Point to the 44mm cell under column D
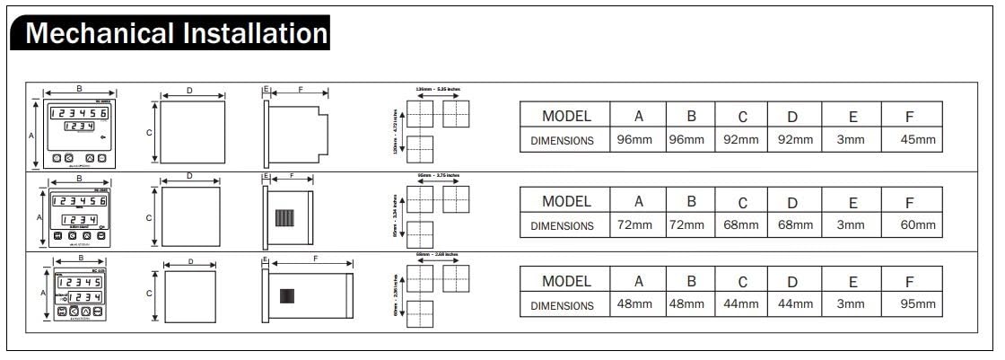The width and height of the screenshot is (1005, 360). pos(793,304)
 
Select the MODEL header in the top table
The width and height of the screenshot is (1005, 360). pos(566,116)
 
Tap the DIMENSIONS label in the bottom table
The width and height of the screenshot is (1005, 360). pos(563,305)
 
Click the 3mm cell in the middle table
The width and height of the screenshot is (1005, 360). pos(851,225)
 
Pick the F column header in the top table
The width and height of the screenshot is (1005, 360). pos(910,116)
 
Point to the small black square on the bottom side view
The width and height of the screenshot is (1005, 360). pos(287,296)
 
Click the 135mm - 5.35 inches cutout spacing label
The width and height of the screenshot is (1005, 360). pos(437,90)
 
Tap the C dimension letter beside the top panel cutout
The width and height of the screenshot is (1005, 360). pos(149,132)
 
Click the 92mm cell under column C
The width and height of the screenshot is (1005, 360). pos(741,140)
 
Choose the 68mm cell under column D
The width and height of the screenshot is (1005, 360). pos(793,225)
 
